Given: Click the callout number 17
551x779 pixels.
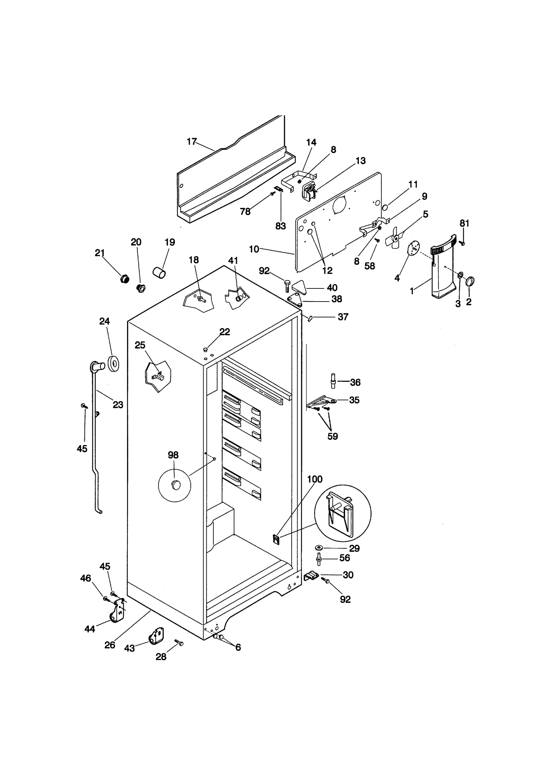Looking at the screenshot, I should coord(191,141).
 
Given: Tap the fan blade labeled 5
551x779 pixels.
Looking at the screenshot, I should coord(395,238).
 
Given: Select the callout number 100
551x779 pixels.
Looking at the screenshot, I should coord(314,479).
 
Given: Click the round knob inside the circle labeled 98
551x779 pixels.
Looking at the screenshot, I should coord(176,485).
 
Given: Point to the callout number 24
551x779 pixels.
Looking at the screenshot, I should coord(104,321).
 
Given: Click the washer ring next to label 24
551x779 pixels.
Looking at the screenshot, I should coord(114,364).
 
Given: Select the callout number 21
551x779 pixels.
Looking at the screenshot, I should coord(100,253).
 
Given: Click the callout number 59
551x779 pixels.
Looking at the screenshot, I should coord(332,436).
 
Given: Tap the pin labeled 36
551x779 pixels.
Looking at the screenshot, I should coord(333,380).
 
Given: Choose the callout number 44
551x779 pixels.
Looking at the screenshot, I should coord(90,629).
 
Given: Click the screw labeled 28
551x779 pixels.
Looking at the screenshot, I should coord(179,643).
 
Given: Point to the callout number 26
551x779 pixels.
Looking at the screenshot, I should coord(110,645).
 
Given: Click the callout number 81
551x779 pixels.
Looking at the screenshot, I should coord(464,223).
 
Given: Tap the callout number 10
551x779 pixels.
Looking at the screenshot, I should coord(254,249).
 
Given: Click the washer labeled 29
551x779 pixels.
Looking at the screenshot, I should coord(319,548).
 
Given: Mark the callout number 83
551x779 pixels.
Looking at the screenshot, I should coord(280,226).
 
